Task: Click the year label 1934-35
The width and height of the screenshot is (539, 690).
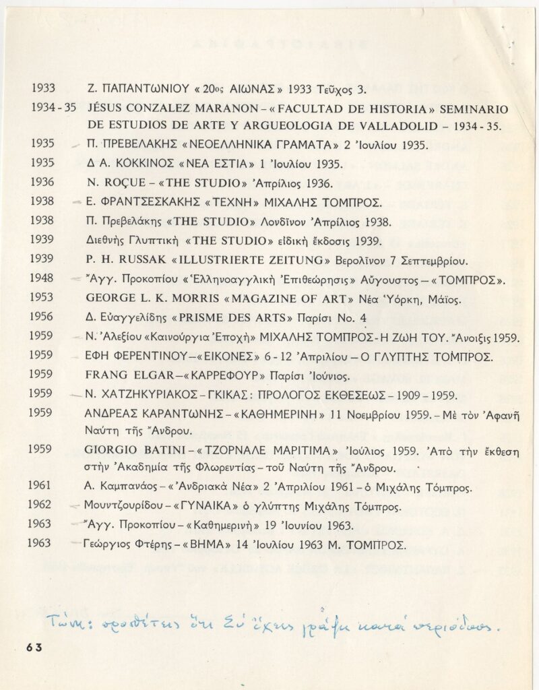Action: (x=49, y=108)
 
